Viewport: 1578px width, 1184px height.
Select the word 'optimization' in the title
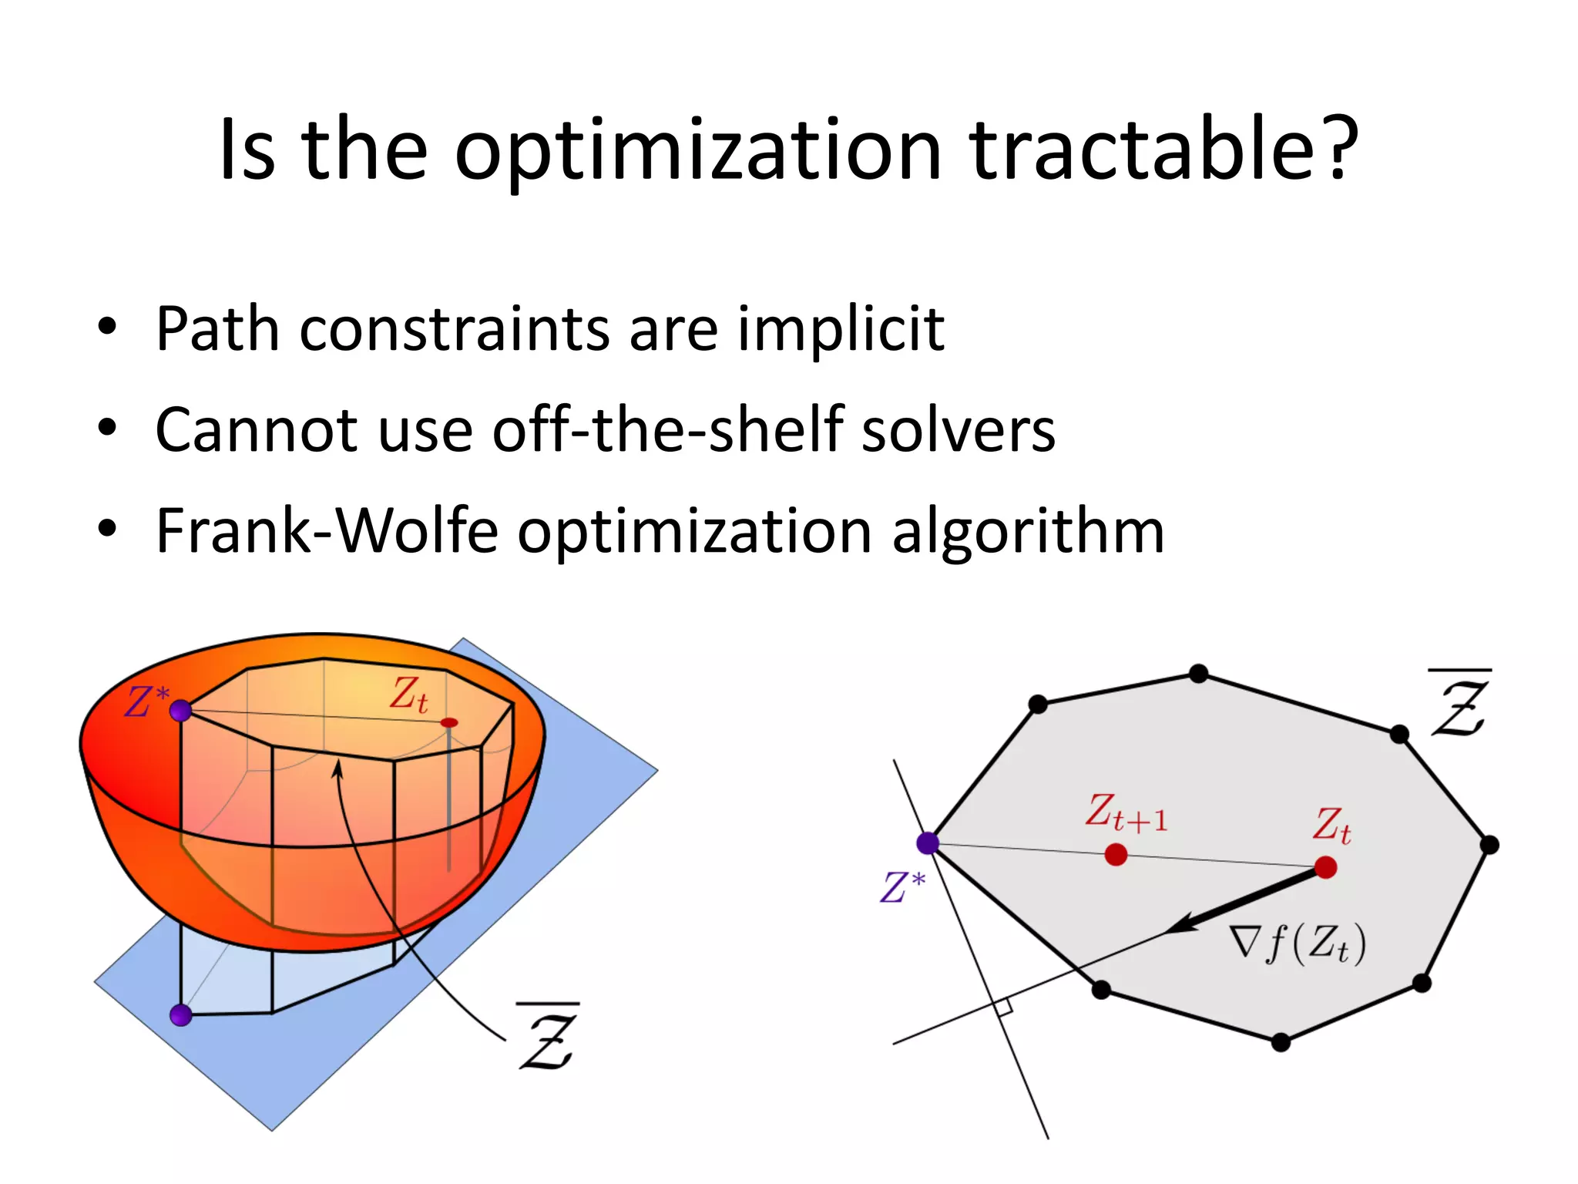[x=697, y=151]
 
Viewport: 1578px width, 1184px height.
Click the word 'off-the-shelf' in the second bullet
[x=667, y=429]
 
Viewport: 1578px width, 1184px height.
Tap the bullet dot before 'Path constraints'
[x=107, y=327]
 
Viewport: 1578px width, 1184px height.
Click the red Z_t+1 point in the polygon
[x=1116, y=854]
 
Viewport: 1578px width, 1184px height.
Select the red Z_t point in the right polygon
[x=1325, y=868]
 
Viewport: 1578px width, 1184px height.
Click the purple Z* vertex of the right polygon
[x=928, y=843]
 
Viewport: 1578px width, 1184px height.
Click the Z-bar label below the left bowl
[x=548, y=1038]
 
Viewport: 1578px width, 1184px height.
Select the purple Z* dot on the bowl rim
[x=181, y=711]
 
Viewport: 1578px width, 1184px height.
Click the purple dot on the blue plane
[x=181, y=1015]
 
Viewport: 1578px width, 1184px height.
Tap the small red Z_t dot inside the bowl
[x=449, y=722]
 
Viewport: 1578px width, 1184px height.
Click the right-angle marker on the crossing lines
[x=1002, y=1007]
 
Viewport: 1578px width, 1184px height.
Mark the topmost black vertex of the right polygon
[x=1198, y=674]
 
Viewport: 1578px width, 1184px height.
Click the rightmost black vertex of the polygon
[x=1489, y=845]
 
